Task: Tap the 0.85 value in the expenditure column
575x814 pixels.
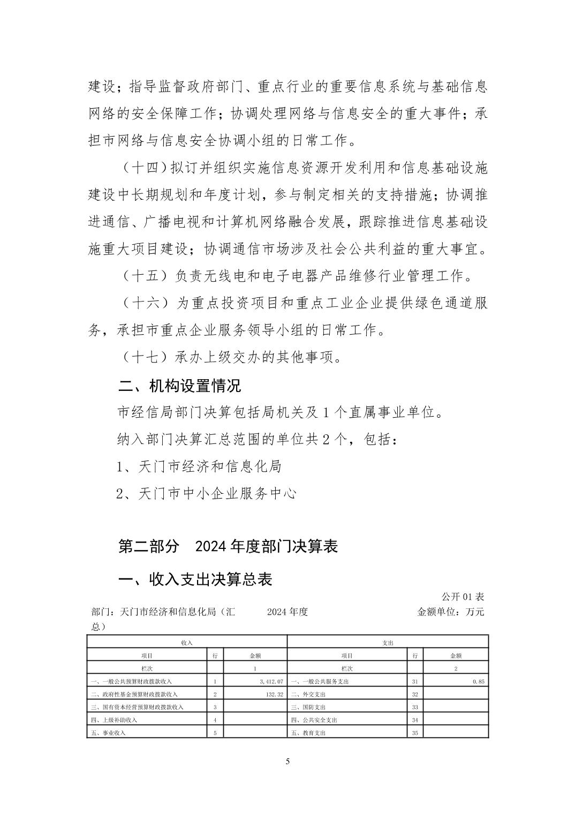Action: pos(479,681)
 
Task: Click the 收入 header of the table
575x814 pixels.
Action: pos(187,642)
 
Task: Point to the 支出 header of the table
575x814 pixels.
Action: pos(388,642)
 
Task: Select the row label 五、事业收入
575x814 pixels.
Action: pos(110,733)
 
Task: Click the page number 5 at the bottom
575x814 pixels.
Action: pos(287,762)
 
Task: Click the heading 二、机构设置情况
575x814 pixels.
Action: pos(180,385)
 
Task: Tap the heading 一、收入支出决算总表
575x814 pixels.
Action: pos(195,579)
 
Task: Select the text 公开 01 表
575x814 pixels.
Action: pos(463,597)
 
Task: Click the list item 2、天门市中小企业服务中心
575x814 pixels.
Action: pos(207,493)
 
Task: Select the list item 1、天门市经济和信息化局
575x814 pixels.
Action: pos(199,466)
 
